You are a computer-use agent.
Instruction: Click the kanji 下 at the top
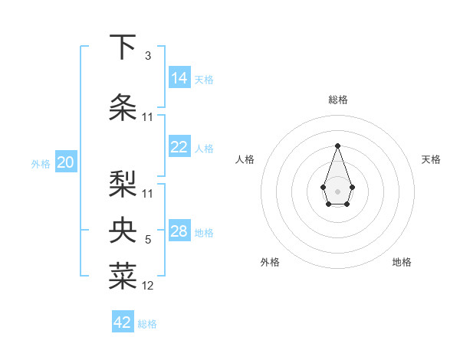(123, 47)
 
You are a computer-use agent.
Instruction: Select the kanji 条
(123, 107)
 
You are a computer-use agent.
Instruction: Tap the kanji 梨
(123, 183)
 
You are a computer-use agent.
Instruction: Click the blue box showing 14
(179, 77)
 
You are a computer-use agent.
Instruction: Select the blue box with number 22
(179, 148)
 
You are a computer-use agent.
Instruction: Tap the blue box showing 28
(179, 231)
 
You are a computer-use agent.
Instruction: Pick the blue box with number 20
(66, 162)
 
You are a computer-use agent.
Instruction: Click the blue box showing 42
(123, 322)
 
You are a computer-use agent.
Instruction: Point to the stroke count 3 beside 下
(148, 56)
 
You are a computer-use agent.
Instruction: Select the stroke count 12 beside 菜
(148, 286)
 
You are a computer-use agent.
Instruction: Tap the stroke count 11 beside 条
(148, 117)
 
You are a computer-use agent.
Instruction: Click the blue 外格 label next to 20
(41, 163)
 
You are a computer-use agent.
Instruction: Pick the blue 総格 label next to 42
(147, 324)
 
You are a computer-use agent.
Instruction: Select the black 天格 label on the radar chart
(431, 159)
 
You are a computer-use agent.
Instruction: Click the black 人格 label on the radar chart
(245, 159)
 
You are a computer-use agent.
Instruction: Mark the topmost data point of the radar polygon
(337, 146)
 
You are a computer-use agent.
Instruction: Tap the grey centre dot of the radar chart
(337, 190)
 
